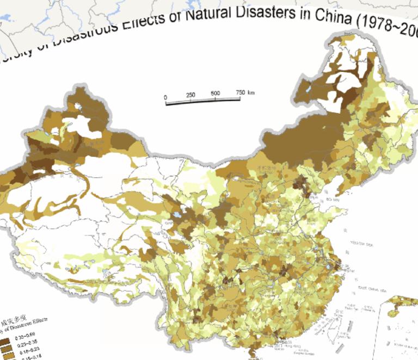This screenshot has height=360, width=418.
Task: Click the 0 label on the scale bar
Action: (165, 97)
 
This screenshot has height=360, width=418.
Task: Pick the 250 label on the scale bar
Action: (190, 95)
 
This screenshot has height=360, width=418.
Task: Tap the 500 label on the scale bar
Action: (215, 94)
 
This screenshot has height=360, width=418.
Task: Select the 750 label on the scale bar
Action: (241, 92)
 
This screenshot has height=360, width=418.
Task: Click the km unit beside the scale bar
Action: (251, 92)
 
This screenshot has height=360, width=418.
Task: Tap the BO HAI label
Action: (333, 200)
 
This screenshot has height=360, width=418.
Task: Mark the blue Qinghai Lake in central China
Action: (178, 222)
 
